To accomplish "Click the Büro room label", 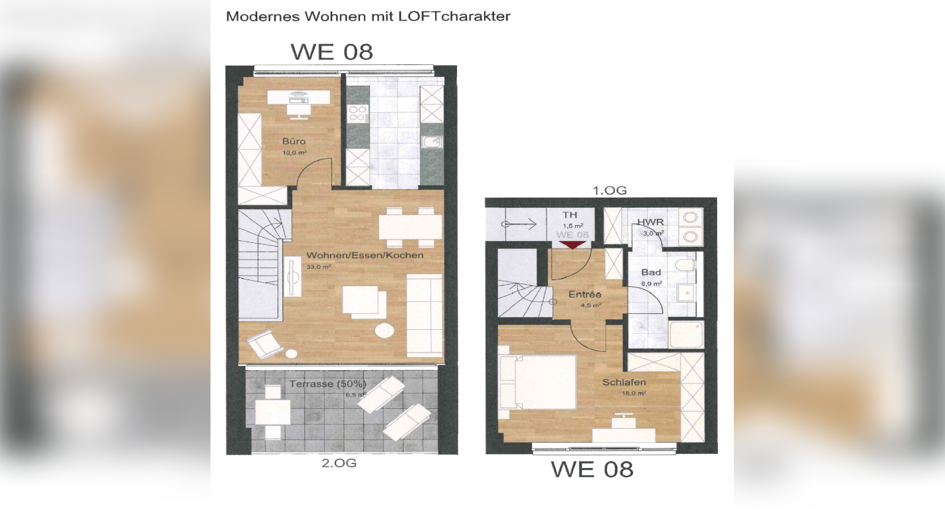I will pyautogui.click(x=294, y=141).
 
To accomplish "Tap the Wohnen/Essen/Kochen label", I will pyautogui.click(x=365, y=255).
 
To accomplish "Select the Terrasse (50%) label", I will pyautogui.click(x=327, y=384).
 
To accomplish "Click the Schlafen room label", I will pyautogui.click(x=624, y=382).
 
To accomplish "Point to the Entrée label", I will pyautogui.click(x=584, y=295).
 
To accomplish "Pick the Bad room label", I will pyautogui.click(x=650, y=273).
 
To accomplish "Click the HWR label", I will pyautogui.click(x=649, y=222).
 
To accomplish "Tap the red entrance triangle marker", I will pyautogui.click(x=572, y=245).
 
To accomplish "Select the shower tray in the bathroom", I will pyautogui.click(x=685, y=335).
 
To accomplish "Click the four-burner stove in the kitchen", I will pyautogui.click(x=358, y=114).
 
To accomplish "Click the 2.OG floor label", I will pyautogui.click(x=339, y=463).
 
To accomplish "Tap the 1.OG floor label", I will pyautogui.click(x=609, y=190).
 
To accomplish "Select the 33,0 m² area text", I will pyautogui.click(x=318, y=267).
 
